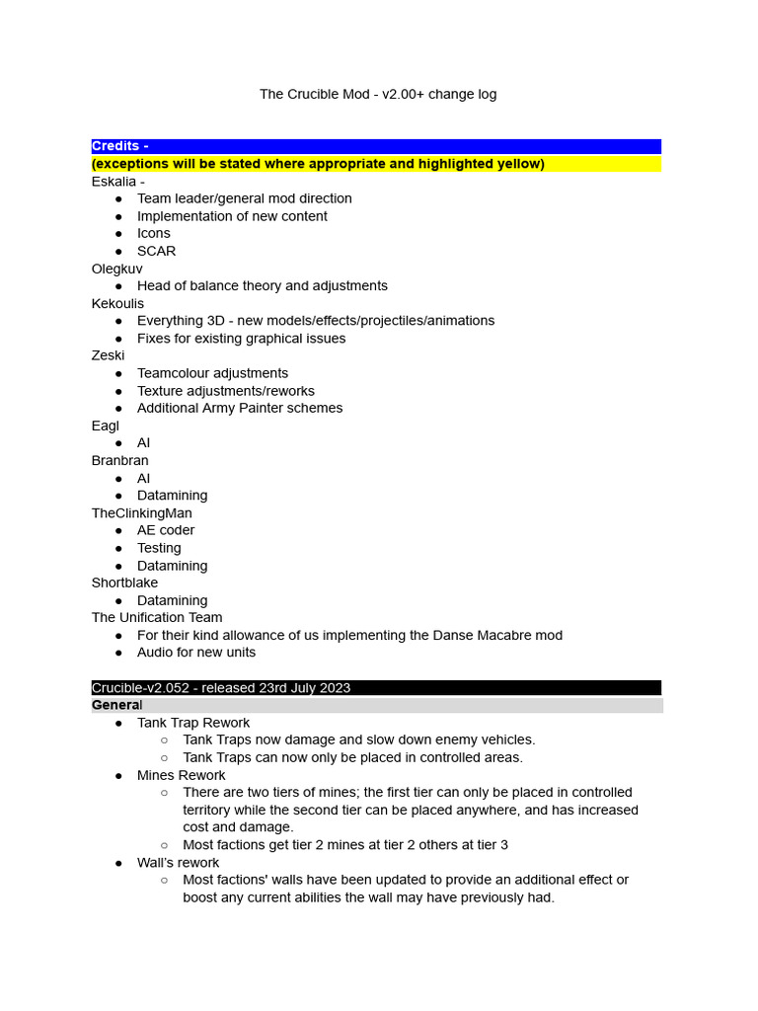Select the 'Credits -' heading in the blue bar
[x=119, y=146]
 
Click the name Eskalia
[x=114, y=182]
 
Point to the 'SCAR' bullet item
[x=156, y=251]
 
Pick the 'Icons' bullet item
[x=153, y=233]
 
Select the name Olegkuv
[x=116, y=269]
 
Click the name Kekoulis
[x=117, y=303]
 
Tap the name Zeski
[x=108, y=355]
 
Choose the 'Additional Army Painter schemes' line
[x=240, y=408]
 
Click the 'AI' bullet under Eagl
[x=143, y=443]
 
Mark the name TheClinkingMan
[x=141, y=513]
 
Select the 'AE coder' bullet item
[x=166, y=530]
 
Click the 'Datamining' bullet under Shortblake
[x=172, y=600]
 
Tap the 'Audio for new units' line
[x=195, y=653]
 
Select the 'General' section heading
[x=116, y=705]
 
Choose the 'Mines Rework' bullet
[x=181, y=775]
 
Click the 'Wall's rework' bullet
[x=178, y=862]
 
